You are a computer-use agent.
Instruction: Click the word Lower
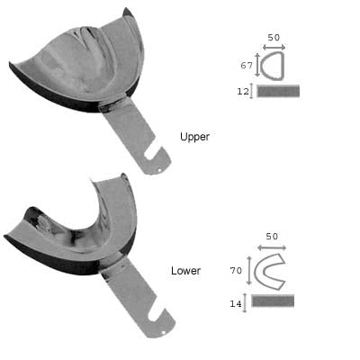[x=185, y=270]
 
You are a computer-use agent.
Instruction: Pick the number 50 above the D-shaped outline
[x=274, y=38]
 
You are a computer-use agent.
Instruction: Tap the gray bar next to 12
[x=278, y=91]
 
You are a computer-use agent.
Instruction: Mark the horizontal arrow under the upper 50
[x=274, y=47]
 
